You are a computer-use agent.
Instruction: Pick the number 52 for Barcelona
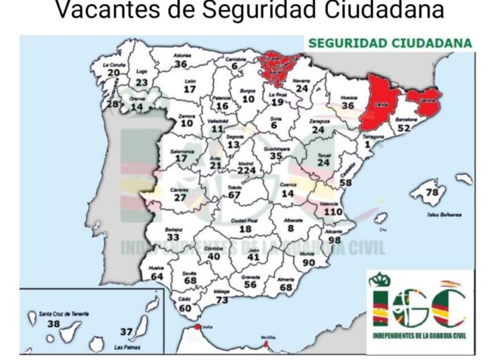[403, 128]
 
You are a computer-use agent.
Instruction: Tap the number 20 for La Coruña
[114, 73]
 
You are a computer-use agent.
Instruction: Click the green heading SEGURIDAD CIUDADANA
[389, 43]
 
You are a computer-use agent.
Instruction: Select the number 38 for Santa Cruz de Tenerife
[54, 323]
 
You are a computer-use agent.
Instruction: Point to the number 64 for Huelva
[157, 276]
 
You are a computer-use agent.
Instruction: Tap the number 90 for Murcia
[308, 262]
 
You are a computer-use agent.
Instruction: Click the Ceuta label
[206, 324]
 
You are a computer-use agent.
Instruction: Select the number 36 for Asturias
[181, 64]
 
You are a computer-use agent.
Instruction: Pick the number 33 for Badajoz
[173, 237]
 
